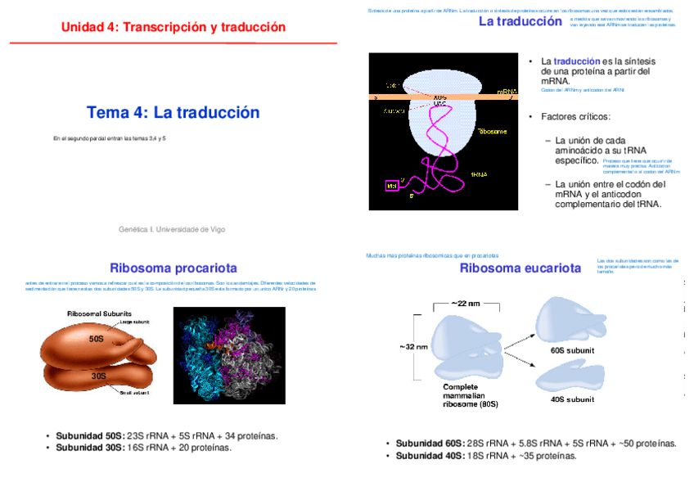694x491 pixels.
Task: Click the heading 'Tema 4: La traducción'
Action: coord(173,113)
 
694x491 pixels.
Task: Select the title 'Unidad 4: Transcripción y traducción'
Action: coord(173,28)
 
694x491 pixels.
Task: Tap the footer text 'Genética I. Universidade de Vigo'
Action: coord(172,229)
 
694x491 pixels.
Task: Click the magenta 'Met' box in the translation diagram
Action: coord(391,186)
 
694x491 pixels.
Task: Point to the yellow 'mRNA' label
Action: coord(507,92)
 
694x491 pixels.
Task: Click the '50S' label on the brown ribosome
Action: coord(97,337)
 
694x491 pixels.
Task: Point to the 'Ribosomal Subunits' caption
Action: coord(99,313)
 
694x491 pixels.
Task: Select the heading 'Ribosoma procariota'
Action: coord(173,268)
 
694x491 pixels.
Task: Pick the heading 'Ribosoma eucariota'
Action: coord(520,268)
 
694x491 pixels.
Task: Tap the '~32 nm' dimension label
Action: coord(413,346)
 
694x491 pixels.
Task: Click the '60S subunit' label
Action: coord(572,350)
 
